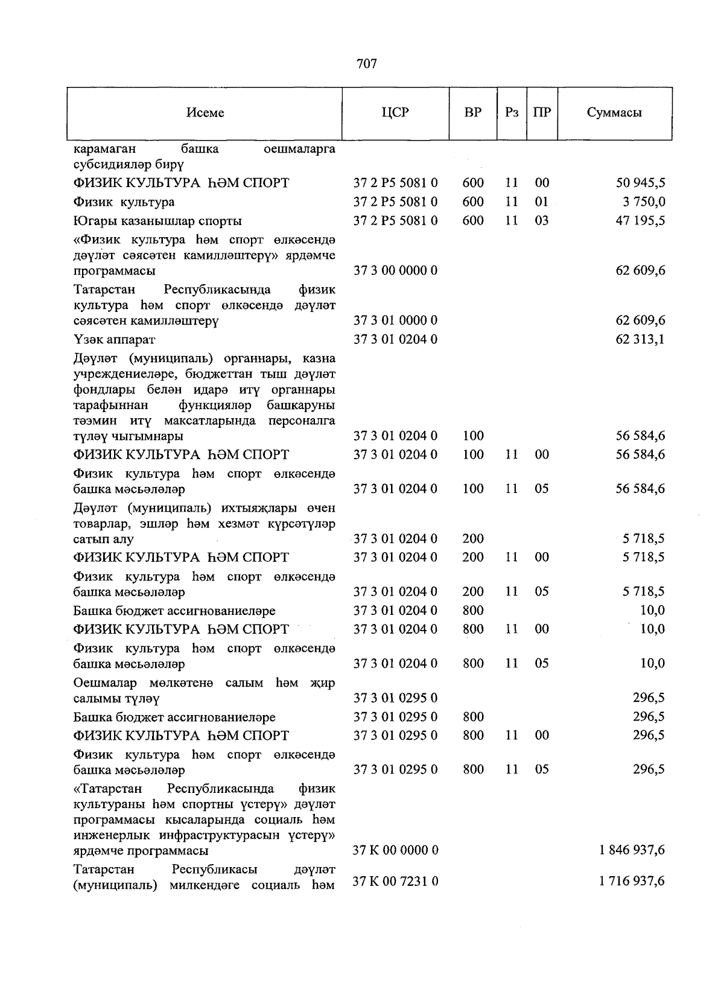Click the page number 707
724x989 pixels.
pyautogui.click(x=367, y=63)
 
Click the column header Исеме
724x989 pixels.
pyautogui.click(x=205, y=113)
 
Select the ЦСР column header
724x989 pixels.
pyautogui.click(x=395, y=112)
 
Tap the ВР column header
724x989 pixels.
pyautogui.click(x=473, y=112)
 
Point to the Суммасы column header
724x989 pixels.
pyautogui.click(x=614, y=112)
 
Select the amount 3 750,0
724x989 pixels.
pyautogui.click(x=644, y=202)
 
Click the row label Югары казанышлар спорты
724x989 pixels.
pyautogui.click(x=157, y=221)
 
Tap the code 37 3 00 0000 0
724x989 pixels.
pyautogui.click(x=395, y=270)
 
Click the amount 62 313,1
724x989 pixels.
pyautogui.click(x=640, y=339)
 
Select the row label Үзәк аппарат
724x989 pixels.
pyautogui.click(x=114, y=340)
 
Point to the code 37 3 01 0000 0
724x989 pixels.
pyautogui.click(x=395, y=320)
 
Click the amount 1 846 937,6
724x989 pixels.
pyautogui.click(x=632, y=850)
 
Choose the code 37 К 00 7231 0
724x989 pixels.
pyautogui.click(x=395, y=882)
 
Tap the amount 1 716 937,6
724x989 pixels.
pyautogui.click(x=632, y=882)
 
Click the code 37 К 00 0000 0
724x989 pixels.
pyautogui.click(x=395, y=850)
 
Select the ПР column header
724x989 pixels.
pyautogui.click(x=542, y=112)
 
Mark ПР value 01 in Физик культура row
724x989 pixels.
pyautogui.click(x=542, y=202)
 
